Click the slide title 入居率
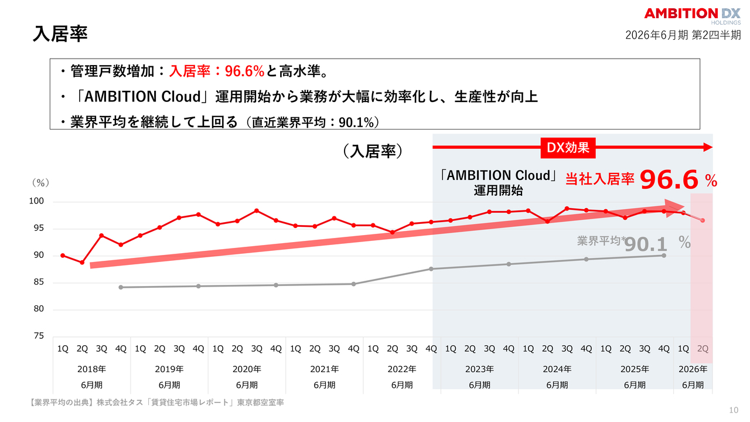point(60,33)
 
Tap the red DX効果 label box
point(567,148)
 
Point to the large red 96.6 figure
point(669,180)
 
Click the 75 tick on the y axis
point(39,336)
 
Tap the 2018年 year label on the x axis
point(91,369)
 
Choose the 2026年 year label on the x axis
point(693,369)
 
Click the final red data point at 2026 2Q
point(703,220)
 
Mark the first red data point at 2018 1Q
point(63,256)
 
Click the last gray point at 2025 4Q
point(663,256)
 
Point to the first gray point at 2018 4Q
point(121,287)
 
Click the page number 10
point(734,410)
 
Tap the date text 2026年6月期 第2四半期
point(683,35)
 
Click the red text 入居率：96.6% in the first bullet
point(217,72)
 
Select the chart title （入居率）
point(373,151)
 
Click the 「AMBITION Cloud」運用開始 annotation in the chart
point(498,182)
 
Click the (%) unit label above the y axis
point(40,183)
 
